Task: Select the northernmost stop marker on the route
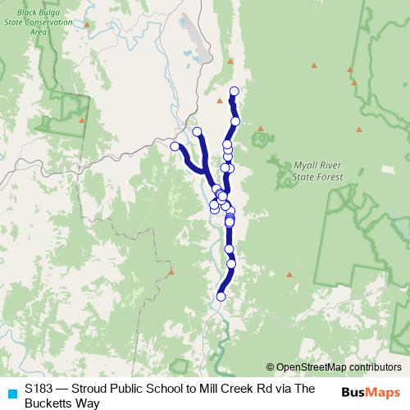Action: (x=235, y=91)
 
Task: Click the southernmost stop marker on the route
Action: (x=221, y=296)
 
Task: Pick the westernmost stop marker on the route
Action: (x=175, y=146)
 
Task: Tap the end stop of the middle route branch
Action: (x=197, y=131)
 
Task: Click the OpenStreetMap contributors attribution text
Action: (x=339, y=367)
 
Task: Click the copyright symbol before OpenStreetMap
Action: (x=271, y=367)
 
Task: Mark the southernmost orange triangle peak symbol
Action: (x=171, y=271)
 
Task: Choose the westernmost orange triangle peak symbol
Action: (x=82, y=120)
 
